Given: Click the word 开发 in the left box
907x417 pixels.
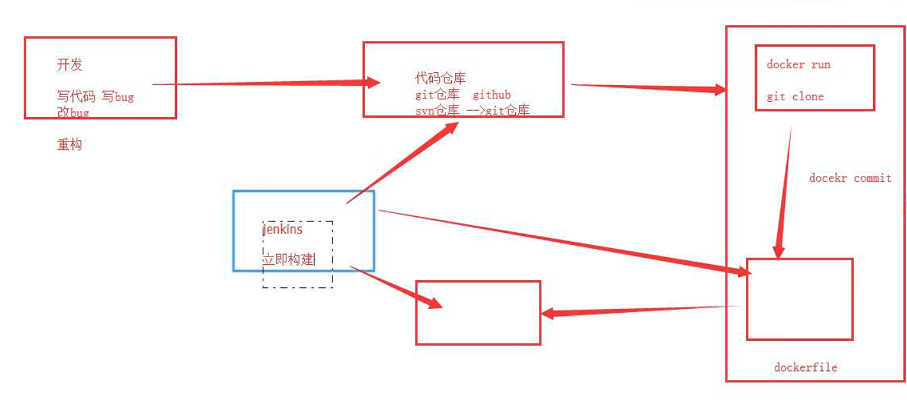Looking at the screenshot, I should (70, 65).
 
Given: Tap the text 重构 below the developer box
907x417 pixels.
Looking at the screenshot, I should (70, 145).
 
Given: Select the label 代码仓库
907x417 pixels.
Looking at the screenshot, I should (440, 79).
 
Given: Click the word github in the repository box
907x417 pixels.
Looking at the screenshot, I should (492, 95).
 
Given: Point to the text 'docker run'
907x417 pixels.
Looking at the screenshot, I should (798, 65).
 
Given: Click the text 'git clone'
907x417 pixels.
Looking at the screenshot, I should (795, 97).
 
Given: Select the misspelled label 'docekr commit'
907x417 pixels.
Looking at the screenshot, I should (850, 178).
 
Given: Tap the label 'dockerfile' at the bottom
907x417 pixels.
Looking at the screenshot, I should (805, 367).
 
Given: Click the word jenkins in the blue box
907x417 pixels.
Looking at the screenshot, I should (283, 229).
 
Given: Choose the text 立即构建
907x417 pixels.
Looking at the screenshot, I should (288, 259).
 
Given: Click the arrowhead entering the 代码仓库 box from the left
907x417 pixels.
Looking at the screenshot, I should (371, 83).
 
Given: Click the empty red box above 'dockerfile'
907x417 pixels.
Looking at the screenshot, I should (800, 299).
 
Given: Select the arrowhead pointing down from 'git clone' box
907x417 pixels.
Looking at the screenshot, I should (778, 251).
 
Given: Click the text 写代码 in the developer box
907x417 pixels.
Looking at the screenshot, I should (76, 97).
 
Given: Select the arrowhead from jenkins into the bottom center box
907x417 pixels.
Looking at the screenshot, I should (435, 303).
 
